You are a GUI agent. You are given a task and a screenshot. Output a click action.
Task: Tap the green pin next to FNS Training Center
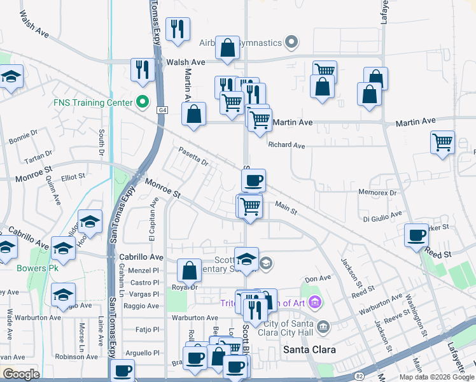143,102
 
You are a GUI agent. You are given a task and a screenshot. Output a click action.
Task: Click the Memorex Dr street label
377,192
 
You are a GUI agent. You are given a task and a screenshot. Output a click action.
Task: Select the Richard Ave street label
286,145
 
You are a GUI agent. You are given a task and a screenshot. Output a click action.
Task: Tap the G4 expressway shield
162,110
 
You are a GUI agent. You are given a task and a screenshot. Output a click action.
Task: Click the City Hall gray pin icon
323,327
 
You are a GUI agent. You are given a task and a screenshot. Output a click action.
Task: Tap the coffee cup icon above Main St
253,180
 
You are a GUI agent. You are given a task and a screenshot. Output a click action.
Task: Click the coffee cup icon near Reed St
417,235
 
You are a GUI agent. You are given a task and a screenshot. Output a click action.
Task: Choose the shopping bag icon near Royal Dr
189,271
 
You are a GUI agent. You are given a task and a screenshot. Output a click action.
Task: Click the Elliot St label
73,178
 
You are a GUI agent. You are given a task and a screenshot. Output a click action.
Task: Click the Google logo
21,375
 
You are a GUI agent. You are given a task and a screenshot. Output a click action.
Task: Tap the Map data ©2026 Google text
436,377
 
